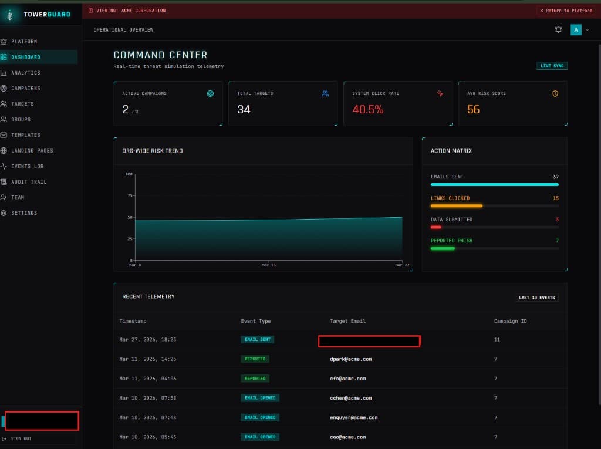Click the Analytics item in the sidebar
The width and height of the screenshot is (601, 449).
click(26, 73)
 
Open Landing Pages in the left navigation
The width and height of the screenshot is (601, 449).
click(32, 151)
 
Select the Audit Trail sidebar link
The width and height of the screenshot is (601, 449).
click(28, 182)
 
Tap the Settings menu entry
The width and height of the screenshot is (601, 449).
click(24, 213)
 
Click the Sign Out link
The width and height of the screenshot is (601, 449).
click(21, 438)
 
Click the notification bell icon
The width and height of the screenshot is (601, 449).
click(558, 29)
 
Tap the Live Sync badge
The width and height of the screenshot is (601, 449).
click(552, 66)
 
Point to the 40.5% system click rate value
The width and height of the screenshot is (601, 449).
click(368, 109)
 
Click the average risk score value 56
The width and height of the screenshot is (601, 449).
click(473, 109)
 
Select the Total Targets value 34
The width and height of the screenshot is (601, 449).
click(244, 109)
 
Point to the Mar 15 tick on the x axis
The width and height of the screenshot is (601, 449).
click(268, 265)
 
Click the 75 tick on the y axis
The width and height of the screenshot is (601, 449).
click(129, 196)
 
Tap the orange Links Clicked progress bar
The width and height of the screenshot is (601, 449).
click(457, 206)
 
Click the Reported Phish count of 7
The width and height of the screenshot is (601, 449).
click(556, 241)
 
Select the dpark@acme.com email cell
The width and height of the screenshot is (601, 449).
click(350, 359)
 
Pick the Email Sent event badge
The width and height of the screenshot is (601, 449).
click(257, 339)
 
